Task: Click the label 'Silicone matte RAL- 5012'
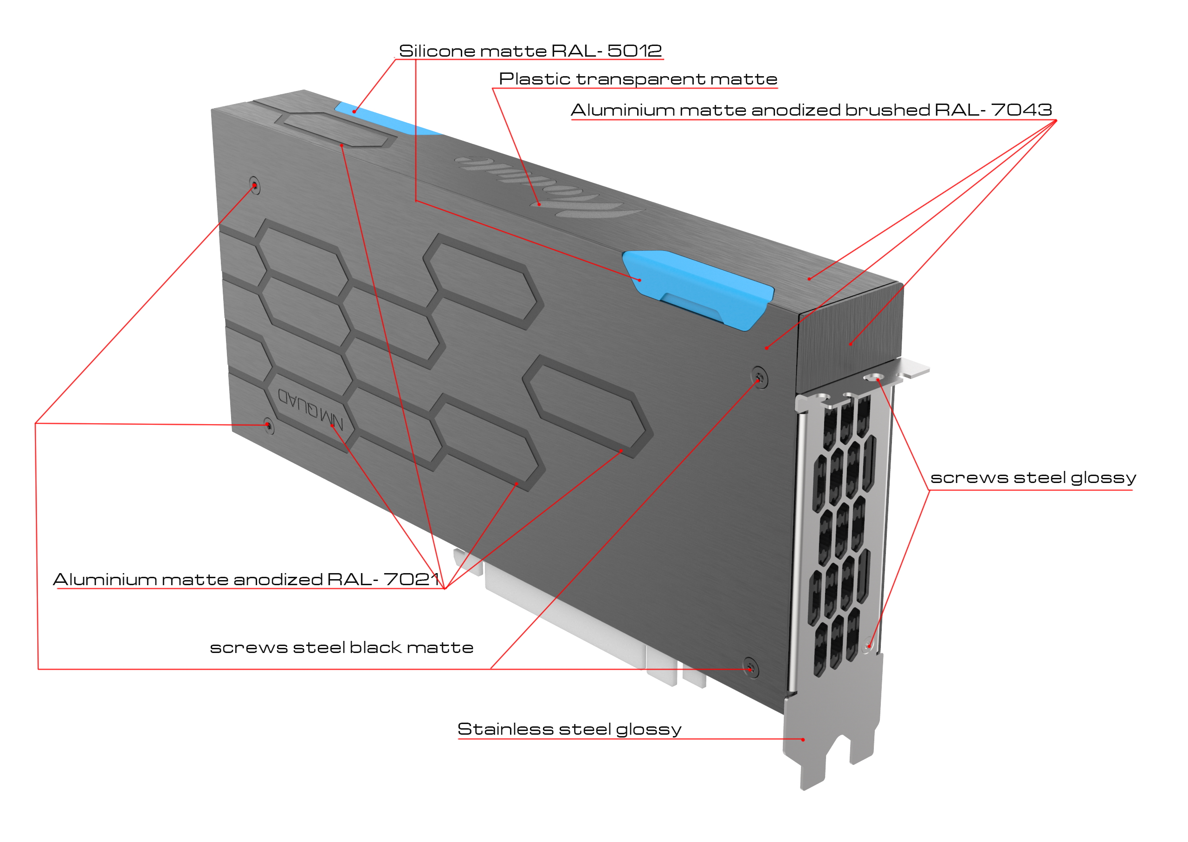coord(530,51)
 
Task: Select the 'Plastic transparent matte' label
coord(637,79)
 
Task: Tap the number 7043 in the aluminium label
coord(1020,110)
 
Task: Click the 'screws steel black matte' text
coord(342,647)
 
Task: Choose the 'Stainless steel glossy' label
coord(569,730)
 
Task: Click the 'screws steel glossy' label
coord(1033,477)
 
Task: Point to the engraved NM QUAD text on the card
coord(310,409)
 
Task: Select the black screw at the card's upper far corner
coord(254,185)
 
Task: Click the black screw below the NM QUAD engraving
coord(268,426)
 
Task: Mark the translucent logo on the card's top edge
coord(549,187)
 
